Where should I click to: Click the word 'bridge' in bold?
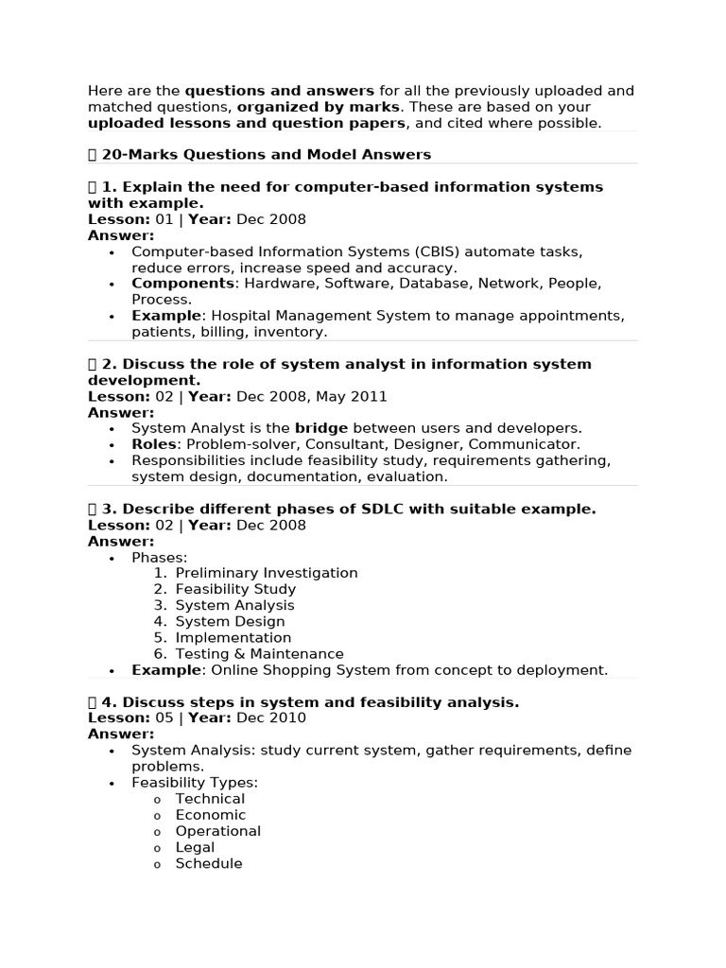(x=321, y=428)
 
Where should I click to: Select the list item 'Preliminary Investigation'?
(x=267, y=573)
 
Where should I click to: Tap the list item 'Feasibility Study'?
(x=235, y=589)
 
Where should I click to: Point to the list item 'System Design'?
(x=230, y=621)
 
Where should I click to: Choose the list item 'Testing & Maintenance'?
(x=259, y=653)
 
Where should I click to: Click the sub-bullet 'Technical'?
(x=210, y=799)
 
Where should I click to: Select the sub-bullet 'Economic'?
(x=210, y=815)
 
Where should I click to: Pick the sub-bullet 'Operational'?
(x=217, y=831)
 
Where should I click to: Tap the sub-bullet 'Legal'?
(x=195, y=847)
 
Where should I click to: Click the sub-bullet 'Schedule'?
(x=209, y=863)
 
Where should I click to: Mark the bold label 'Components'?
(x=182, y=284)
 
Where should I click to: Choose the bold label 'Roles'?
(x=154, y=444)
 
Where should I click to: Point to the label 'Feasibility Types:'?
(x=195, y=783)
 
